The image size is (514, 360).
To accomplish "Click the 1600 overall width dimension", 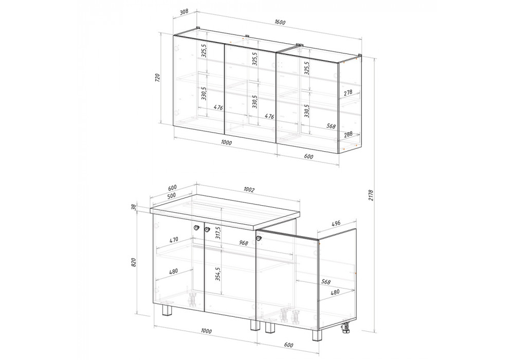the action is click(280, 22).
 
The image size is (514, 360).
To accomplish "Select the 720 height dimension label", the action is click(157, 78).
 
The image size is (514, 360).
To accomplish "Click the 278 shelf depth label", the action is click(348, 93).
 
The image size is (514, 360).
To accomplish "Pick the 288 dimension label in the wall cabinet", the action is click(348, 134).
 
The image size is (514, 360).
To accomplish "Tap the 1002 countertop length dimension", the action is click(249, 190).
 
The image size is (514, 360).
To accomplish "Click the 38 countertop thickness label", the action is click(133, 207).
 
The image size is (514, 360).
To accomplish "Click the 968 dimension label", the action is click(244, 243).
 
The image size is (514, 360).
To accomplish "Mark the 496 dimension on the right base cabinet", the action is click(336, 223).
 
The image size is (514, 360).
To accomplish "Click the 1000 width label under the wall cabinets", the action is click(226, 142).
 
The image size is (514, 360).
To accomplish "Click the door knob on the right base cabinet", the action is click(259, 238).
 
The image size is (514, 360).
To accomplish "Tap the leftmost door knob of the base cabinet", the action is click(196, 227).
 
